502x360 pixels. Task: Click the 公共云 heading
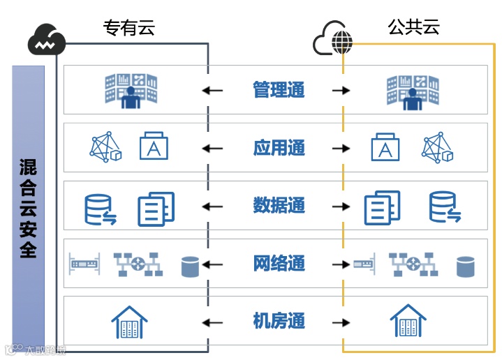413,27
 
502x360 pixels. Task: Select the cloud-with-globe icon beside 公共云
332,40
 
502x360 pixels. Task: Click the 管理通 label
279,90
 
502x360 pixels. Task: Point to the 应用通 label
279,148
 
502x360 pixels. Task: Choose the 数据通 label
279,206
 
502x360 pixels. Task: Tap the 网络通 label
279,264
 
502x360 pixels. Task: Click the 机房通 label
279,322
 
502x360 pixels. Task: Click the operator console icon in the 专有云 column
131,90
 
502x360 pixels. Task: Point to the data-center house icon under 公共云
408,322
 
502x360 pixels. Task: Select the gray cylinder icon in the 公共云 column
466,266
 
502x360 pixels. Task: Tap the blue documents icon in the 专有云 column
156,208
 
